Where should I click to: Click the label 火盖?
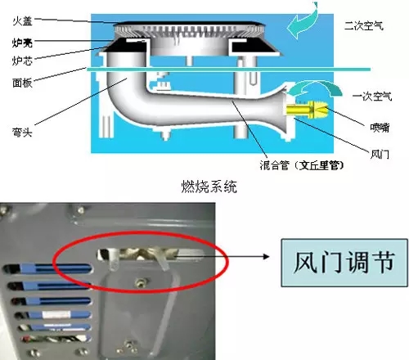(22, 21)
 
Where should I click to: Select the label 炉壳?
(22, 43)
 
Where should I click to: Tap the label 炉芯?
(22, 61)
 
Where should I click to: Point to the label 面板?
(22, 83)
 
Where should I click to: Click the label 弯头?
(22, 132)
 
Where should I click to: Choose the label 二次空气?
(364, 26)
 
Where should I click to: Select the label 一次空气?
(372, 97)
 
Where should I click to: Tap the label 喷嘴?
(380, 128)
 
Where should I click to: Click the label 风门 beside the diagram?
(380, 155)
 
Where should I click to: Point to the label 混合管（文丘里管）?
(302, 165)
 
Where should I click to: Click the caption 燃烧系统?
(209, 187)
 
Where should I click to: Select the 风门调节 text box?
(344, 263)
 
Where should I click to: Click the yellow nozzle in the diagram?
(308, 109)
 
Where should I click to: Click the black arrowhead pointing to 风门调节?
(266, 256)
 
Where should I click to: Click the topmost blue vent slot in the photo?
(47, 269)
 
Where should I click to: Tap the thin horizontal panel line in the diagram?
(229, 70)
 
